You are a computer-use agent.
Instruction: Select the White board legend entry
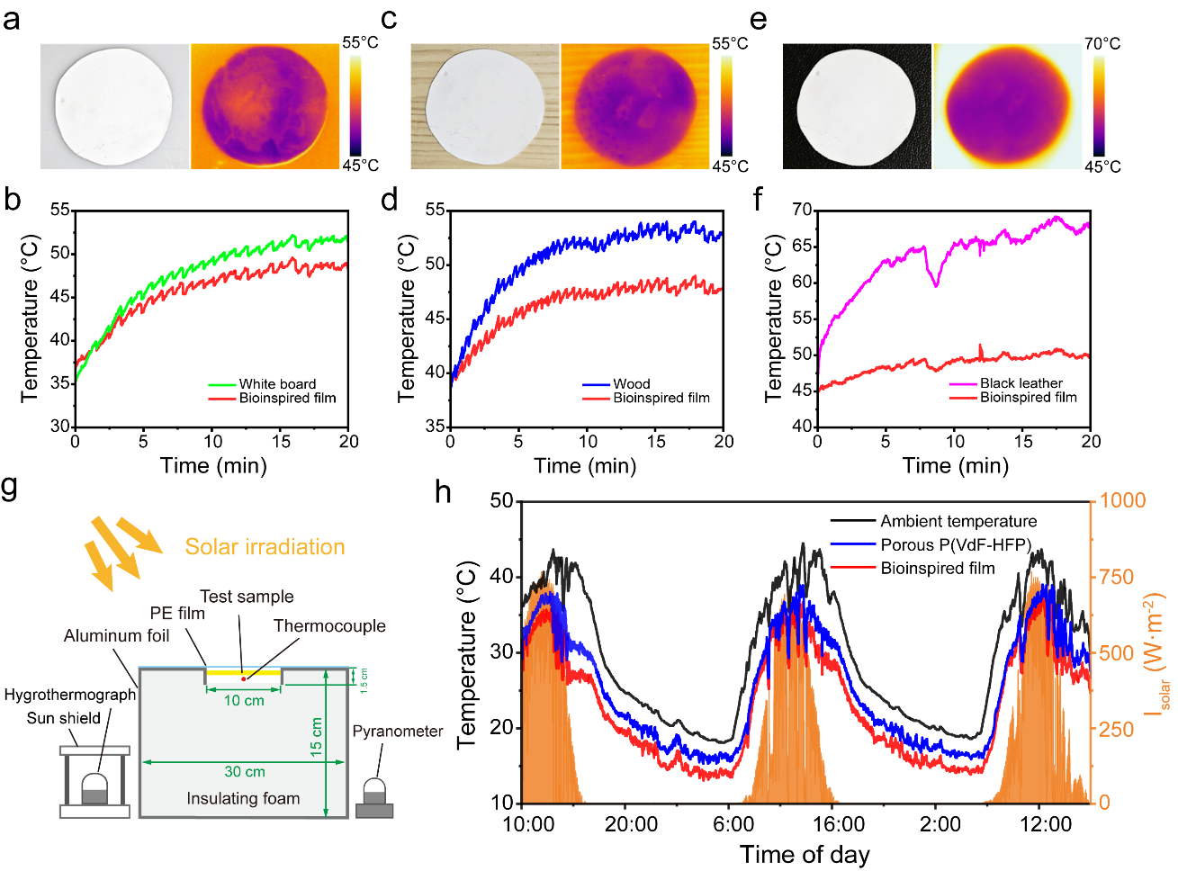coord(277,384)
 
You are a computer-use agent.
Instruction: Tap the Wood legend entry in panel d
coord(631,384)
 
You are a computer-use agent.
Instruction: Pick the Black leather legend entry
coord(1021,383)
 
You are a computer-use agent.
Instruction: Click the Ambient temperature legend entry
coord(958,521)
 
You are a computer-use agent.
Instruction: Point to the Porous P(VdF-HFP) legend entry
coord(955,544)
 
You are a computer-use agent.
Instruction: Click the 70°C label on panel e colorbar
coord(1102,43)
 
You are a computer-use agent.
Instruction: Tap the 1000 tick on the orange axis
coord(1122,500)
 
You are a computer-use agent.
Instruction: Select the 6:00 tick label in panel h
coord(733,824)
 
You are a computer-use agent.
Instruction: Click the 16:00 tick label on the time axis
coord(839,824)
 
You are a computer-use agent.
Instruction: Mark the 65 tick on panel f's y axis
coord(801,247)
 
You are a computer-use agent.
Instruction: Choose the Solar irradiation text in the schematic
coord(265,547)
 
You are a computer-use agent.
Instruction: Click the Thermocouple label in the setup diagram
coord(329,626)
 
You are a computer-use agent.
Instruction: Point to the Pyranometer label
coord(397,732)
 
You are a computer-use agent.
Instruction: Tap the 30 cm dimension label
coord(244,772)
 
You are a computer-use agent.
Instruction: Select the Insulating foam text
coord(243,798)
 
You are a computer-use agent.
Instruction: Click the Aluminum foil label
coord(116,636)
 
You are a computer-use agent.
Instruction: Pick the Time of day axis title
coord(805,855)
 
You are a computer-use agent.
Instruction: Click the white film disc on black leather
coord(857,105)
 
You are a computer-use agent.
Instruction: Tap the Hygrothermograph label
coord(70,695)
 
